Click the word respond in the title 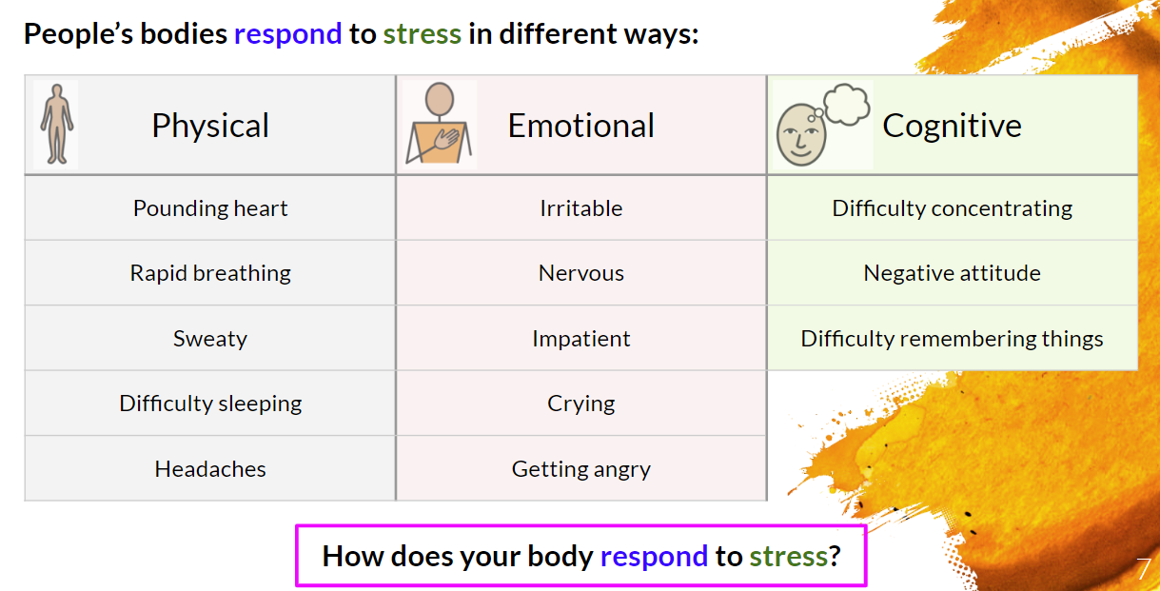tap(288, 35)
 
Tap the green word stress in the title tap(423, 34)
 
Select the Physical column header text tap(210, 126)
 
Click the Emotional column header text tap(581, 126)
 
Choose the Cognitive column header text tap(952, 126)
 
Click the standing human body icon tap(56, 125)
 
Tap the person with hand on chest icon tap(439, 124)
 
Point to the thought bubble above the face tap(847, 104)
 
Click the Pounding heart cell tap(210, 208)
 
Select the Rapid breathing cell tap(210, 273)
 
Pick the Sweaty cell tap(210, 338)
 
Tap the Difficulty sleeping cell tap(210, 404)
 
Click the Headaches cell tap(210, 469)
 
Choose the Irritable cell tap(581, 208)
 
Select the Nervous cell tap(581, 273)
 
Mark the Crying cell tap(581, 404)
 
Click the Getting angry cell tap(581, 469)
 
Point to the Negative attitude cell tap(953, 273)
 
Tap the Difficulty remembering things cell tap(953, 338)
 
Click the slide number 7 tap(1144, 569)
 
